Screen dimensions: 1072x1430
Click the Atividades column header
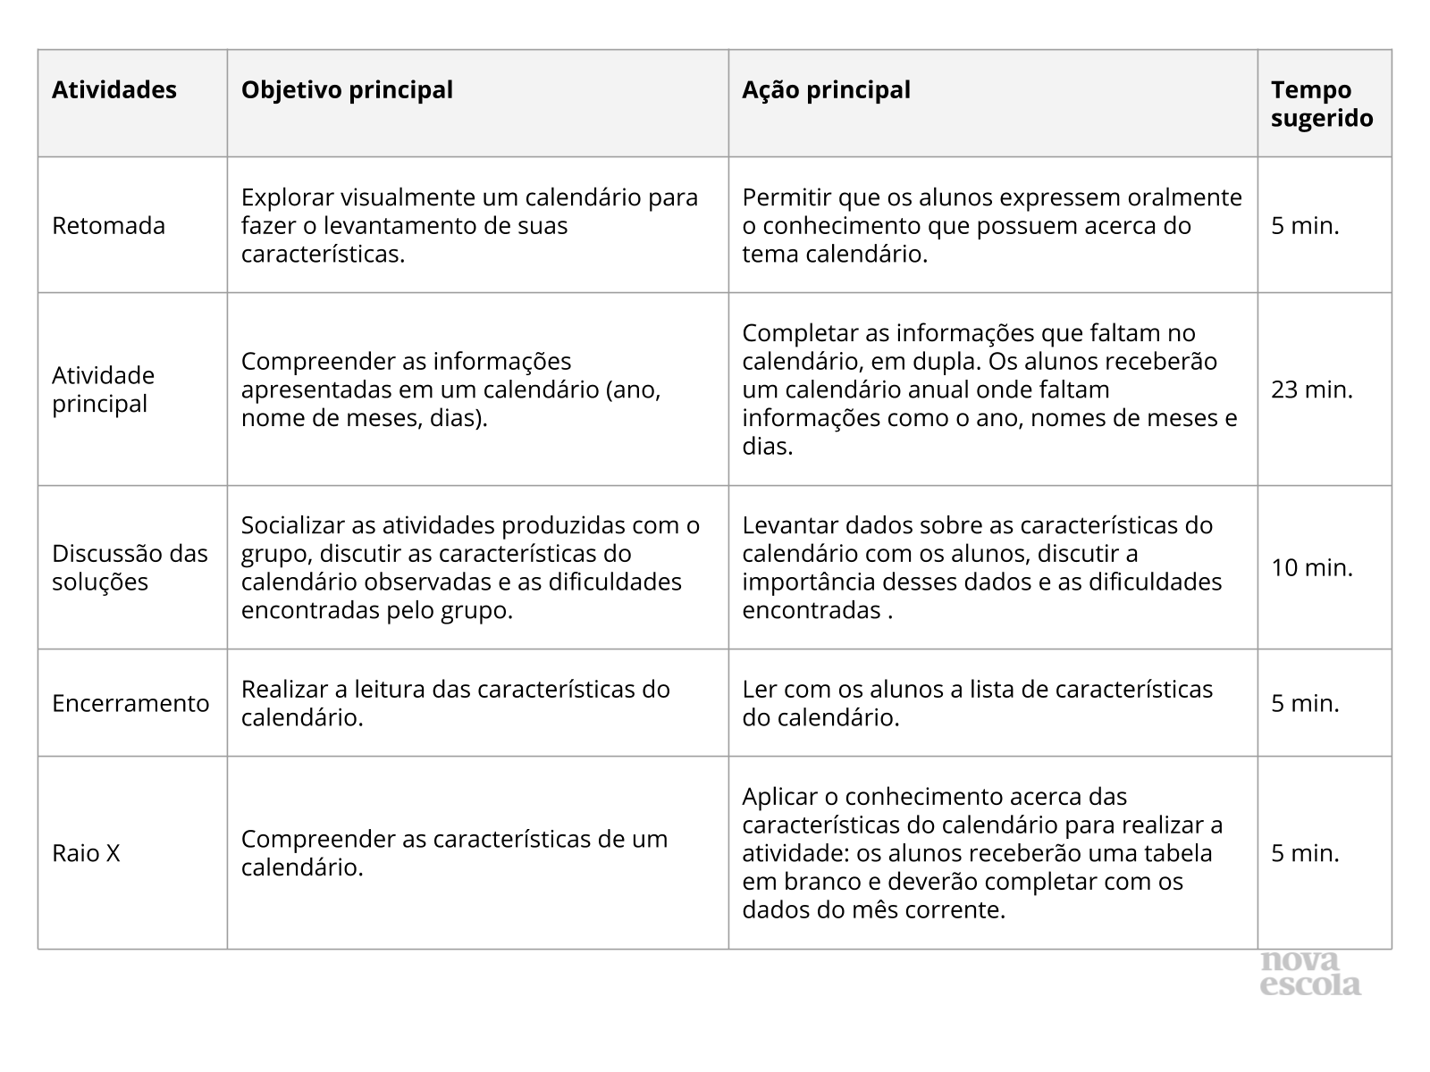coord(114,90)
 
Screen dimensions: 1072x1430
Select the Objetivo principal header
coord(347,90)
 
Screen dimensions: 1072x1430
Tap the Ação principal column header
coord(826,90)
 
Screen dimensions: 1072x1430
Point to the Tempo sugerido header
coord(1322,104)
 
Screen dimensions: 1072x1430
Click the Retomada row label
coord(108,225)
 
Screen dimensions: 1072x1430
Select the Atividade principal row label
coord(103,389)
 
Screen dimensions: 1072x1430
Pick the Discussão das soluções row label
coord(130,567)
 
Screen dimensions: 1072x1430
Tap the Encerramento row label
coord(130,703)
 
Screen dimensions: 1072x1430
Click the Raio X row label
coord(86,853)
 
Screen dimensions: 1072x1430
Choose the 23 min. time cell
coord(1312,389)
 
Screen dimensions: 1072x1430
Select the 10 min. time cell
coord(1312,567)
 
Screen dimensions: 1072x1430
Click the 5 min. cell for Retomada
coord(1305,225)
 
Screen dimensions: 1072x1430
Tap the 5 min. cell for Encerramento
coord(1305,703)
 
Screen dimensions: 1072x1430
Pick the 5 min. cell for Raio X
coord(1305,853)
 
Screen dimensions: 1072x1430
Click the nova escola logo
coord(1310,974)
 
